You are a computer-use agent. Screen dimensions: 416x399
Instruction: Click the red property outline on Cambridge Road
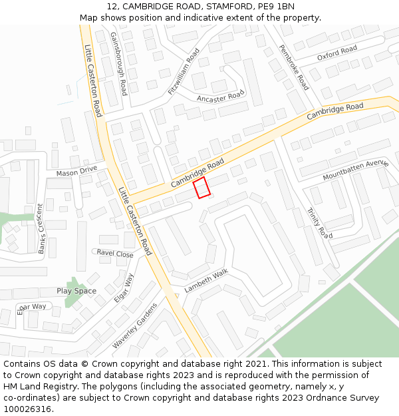[201, 187]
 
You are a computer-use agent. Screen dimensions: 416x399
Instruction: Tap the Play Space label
[76, 291]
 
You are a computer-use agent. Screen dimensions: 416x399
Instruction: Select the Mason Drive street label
[76, 172]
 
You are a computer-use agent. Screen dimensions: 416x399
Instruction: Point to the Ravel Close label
[115, 254]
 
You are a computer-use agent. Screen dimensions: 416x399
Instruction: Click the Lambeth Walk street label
[206, 281]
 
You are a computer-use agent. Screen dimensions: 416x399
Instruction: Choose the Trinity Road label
[319, 222]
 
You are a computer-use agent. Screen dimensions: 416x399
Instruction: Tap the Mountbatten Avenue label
[355, 170]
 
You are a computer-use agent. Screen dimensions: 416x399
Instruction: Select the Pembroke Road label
[293, 67]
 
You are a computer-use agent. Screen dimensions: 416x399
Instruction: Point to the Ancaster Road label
[221, 98]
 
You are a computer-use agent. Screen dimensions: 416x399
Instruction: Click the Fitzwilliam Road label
[184, 71]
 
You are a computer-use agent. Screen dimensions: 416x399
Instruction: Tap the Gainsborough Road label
[119, 64]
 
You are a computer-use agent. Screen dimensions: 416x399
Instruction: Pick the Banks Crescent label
[41, 228]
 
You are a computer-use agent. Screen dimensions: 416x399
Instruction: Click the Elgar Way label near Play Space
[124, 288]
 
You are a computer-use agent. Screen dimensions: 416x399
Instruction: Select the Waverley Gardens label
[134, 325]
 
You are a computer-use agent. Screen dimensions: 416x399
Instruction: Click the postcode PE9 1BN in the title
[277, 7]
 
